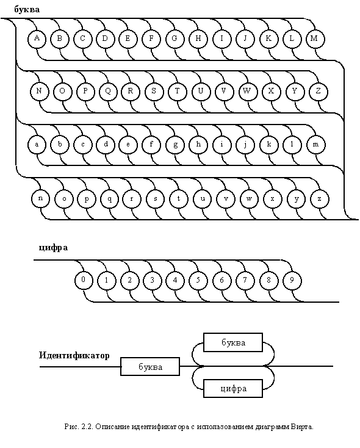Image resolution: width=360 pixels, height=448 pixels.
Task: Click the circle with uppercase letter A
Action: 37,38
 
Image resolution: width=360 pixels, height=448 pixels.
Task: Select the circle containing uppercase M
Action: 315,38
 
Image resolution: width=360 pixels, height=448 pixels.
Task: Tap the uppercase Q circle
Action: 109,92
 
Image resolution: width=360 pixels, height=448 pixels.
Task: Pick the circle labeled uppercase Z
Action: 319,92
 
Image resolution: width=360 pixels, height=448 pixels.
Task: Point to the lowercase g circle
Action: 175,144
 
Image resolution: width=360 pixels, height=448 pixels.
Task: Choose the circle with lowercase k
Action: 269,144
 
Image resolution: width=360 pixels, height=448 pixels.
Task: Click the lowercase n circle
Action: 40,198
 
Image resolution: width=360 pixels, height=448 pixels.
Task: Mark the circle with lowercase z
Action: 320,198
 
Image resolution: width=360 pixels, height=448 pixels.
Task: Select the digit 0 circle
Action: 84,280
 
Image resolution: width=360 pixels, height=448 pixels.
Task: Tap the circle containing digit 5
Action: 198,280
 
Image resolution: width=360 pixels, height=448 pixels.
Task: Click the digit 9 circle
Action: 292,280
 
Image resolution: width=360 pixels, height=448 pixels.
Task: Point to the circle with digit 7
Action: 245,280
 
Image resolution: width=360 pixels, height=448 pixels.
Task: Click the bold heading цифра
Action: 54,247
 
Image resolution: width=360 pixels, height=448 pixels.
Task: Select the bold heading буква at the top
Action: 27,9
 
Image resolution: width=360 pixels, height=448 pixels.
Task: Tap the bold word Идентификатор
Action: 74,356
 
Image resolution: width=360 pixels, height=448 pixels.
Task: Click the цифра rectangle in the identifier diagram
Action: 233,388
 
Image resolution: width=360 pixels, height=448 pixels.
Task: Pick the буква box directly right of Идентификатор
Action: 150,366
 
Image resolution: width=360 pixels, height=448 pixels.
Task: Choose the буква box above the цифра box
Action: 233,342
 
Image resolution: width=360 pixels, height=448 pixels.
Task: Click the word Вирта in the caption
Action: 302,427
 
